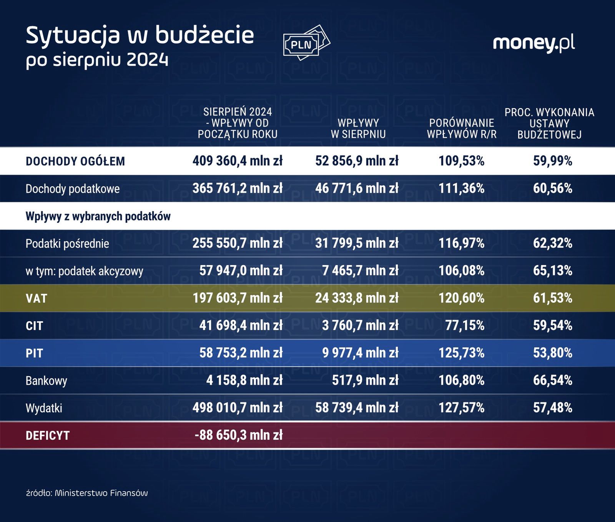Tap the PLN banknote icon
tap(306, 43)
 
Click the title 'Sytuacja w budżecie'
tap(140, 35)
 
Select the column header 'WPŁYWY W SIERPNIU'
tap(358, 128)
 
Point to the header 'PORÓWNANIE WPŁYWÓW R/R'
tap(461, 128)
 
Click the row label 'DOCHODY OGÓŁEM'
tap(75, 161)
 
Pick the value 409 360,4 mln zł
tap(238, 161)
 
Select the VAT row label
tap(36, 299)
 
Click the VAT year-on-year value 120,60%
tap(461, 298)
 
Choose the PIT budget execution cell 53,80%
tap(552, 353)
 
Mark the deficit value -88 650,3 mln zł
tap(239, 435)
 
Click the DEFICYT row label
tap(48, 436)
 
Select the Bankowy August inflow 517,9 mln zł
tap(365, 380)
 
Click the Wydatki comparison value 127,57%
tap(461, 408)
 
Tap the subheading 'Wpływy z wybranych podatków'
tap(98, 217)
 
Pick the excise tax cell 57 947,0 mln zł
tap(241, 271)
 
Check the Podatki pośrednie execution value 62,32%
tap(552, 243)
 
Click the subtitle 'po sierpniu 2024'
tap(97, 60)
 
